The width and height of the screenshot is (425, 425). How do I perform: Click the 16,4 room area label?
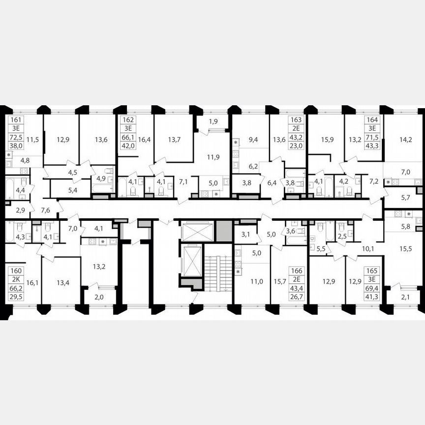pyautogui.click(x=144, y=140)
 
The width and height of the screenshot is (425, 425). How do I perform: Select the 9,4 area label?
pyautogui.click(x=253, y=140)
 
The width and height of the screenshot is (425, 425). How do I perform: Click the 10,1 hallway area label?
pyautogui.click(x=368, y=249)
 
